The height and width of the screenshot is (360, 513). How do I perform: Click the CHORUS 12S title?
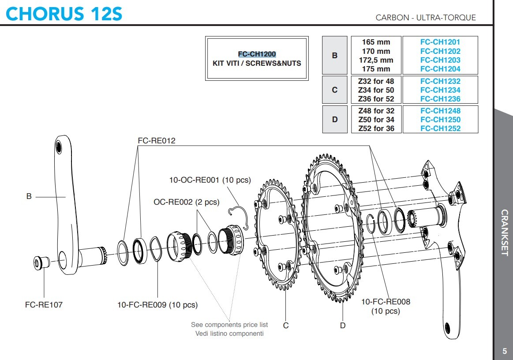(64, 14)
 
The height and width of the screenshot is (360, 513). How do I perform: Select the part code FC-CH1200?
(257, 54)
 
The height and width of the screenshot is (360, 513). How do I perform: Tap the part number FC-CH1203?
(440, 60)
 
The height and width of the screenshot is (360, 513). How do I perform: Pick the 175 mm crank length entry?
(376, 69)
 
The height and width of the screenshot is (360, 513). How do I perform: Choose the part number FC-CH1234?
(440, 90)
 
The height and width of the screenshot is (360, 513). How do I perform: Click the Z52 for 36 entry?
(376, 128)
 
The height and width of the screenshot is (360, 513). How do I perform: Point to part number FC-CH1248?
(440, 111)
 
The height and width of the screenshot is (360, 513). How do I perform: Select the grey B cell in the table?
(334, 56)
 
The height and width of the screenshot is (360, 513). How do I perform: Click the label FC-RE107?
(44, 305)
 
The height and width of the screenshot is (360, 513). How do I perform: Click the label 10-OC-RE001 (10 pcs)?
(210, 180)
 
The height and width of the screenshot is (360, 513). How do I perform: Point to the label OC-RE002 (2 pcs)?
(186, 202)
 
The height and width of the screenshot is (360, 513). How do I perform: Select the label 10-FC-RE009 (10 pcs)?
(157, 305)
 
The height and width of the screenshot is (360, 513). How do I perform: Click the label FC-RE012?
(156, 141)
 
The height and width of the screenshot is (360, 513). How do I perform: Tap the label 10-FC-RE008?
(386, 302)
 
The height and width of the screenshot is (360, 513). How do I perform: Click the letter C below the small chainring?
(286, 326)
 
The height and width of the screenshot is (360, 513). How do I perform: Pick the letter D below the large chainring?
(343, 326)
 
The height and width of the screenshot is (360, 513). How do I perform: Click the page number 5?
(505, 351)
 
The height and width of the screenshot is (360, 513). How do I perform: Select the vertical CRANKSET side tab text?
(505, 232)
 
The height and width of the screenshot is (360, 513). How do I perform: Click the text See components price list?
(229, 325)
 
